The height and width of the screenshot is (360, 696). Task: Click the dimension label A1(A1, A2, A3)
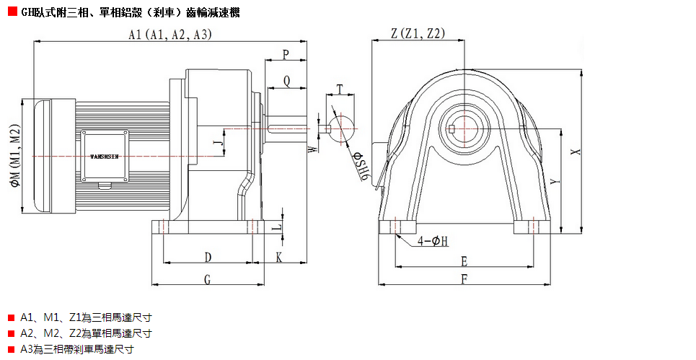pyautogui.click(x=169, y=35)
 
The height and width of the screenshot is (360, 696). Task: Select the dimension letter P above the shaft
pyautogui.click(x=286, y=54)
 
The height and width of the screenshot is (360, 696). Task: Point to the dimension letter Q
pyautogui.click(x=287, y=81)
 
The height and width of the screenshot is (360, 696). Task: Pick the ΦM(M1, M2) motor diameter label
pyautogui.click(x=15, y=156)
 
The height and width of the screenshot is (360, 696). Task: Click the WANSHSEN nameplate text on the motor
pyautogui.click(x=105, y=155)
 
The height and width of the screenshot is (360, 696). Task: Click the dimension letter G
pyautogui.click(x=207, y=279)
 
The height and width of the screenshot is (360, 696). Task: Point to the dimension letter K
pyautogui.click(x=279, y=257)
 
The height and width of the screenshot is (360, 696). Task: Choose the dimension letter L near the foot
pyautogui.click(x=275, y=227)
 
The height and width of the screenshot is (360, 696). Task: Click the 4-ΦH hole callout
pyautogui.click(x=433, y=241)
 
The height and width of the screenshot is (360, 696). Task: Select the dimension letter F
pyautogui.click(x=464, y=278)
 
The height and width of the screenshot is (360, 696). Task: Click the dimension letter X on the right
pyautogui.click(x=574, y=152)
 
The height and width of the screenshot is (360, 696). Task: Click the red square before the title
pyautogui.click(x=12, y=12)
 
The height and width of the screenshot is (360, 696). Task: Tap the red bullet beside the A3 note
pyautogui.click(x=11, y=348)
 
